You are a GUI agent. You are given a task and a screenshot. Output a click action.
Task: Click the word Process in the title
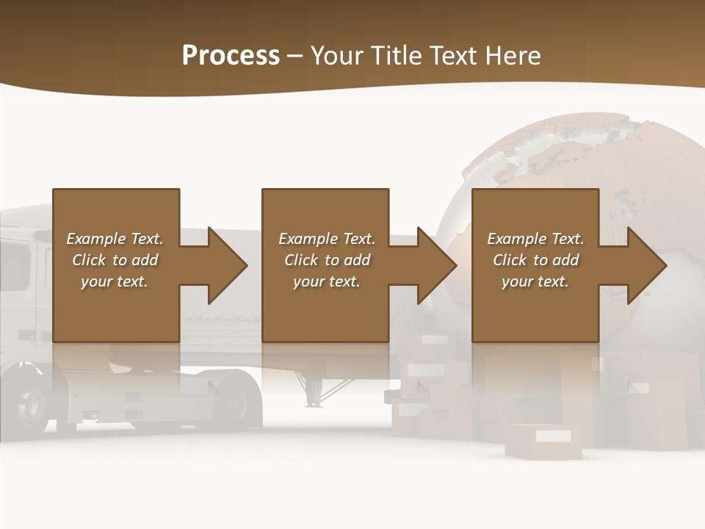pyautogui.click(x=231, y=55)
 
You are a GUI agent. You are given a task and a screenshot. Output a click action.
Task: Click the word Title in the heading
pyautogui.click(x=397, y=55)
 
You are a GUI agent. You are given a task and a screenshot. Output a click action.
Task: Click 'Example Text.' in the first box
pyautogui.click(x=115, y=238)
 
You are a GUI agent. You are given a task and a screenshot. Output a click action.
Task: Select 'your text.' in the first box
pyautogui.click(x=115, y=281)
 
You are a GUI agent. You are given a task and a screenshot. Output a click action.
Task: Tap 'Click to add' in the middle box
pyautogui.click(x=327, y=259)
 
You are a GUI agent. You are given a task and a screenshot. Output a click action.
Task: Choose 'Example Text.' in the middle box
pyautogui.click(x=327, y=238)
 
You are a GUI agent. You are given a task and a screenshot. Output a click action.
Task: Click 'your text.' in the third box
pyautogui.click(x=535, y=281)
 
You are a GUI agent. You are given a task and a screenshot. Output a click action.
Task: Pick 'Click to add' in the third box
pyautogui.click(x=535, y=259)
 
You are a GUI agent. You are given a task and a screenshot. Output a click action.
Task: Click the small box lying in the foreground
pyautogui.click(x=543, y=441)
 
